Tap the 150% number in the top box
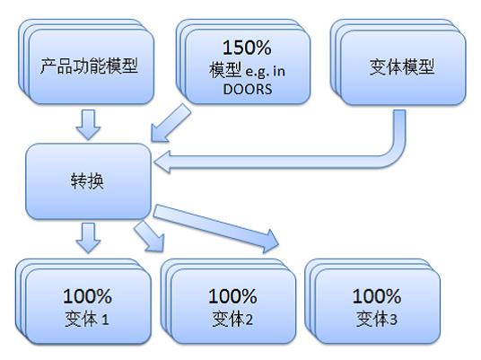(x=247, y=48)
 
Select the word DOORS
(x=248, y=89)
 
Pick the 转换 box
(x=88, y=181)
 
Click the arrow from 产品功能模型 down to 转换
(x=88, y=124)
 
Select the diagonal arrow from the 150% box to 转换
(x=171, y=123)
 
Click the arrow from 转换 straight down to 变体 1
(x=88, y=238)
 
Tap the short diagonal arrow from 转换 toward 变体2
(x=149, y=236)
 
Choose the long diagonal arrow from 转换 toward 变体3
(x=216, y=228)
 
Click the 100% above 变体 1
(x=87, y=296)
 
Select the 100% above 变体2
(x=232, y=296)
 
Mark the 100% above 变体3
(x=377, y=296)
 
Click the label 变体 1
(x=87, y=320)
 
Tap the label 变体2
(x=232, y=320)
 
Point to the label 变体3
(x=377, y=320)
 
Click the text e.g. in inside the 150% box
(x=266, y=72)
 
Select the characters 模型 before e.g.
(x=225, y=70)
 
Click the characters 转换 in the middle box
(x=87, y=181)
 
